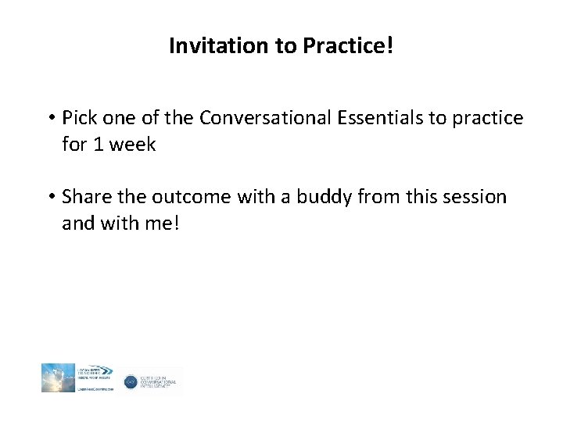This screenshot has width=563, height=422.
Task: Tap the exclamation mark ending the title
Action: pos(389,45)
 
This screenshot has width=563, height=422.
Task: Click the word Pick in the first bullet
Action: pos(79,118)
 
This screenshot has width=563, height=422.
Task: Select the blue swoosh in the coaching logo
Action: pos(106,370)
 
